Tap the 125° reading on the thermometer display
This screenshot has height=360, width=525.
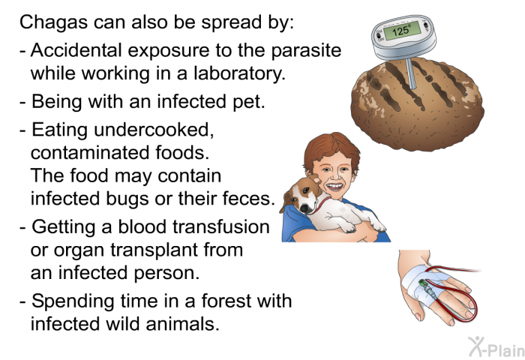(401, 31)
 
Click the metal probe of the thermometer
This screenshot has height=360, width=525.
(411, 73)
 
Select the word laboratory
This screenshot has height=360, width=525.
(239, 73)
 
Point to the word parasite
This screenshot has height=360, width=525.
(306, 51)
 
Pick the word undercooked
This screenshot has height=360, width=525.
(154, 129)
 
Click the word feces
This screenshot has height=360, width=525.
(253, 198)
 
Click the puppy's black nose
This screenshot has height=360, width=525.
(304, 208)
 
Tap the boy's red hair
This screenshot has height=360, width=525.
(331, 147)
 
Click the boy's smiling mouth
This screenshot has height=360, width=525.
(334, 186)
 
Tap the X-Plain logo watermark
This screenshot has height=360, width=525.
(496, 346)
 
